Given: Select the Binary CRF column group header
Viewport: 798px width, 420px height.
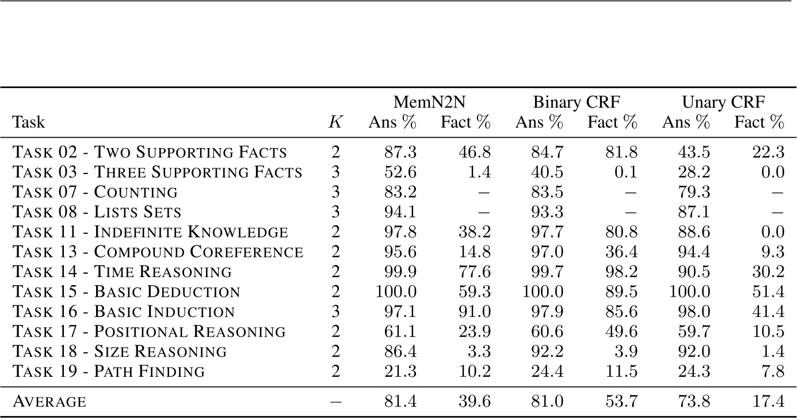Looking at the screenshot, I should pyautogui.click(x=576, y=103).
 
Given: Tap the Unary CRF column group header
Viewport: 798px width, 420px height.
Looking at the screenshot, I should pyautogui.click(x=723, y=103).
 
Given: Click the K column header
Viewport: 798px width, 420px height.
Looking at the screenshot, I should pyautogui.click(x=335, y=123).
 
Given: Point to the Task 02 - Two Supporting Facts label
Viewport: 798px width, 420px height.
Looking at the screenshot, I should pyautogui.click(x=150, y=152).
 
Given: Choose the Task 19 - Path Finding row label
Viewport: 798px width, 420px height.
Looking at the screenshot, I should pyautogui.click(x=109, y=372).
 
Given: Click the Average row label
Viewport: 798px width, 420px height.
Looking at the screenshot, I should pyautogui.click(x=49, y=402).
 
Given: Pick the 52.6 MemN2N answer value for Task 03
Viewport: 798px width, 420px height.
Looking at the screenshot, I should pyautogui.click(x=400, y=172).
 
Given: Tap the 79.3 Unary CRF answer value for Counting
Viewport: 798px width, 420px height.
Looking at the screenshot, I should pyautogui.click(x=694, y=192).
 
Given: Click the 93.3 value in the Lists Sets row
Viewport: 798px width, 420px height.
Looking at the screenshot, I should pyautogui.click(x=547, y=212).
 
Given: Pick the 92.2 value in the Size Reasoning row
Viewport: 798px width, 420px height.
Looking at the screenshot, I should pyautogui.click(x=547, y=351).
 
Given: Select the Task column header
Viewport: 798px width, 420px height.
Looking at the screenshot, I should pyautogui.click(x=29, y=123).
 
